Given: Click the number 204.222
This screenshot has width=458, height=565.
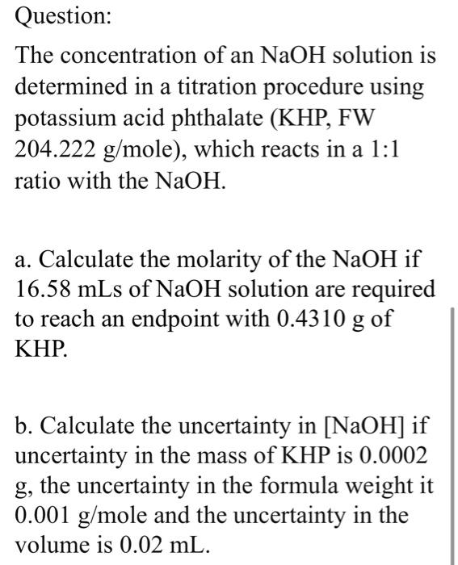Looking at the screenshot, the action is click(57, 148).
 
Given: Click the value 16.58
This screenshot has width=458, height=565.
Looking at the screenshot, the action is click(43, 290).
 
